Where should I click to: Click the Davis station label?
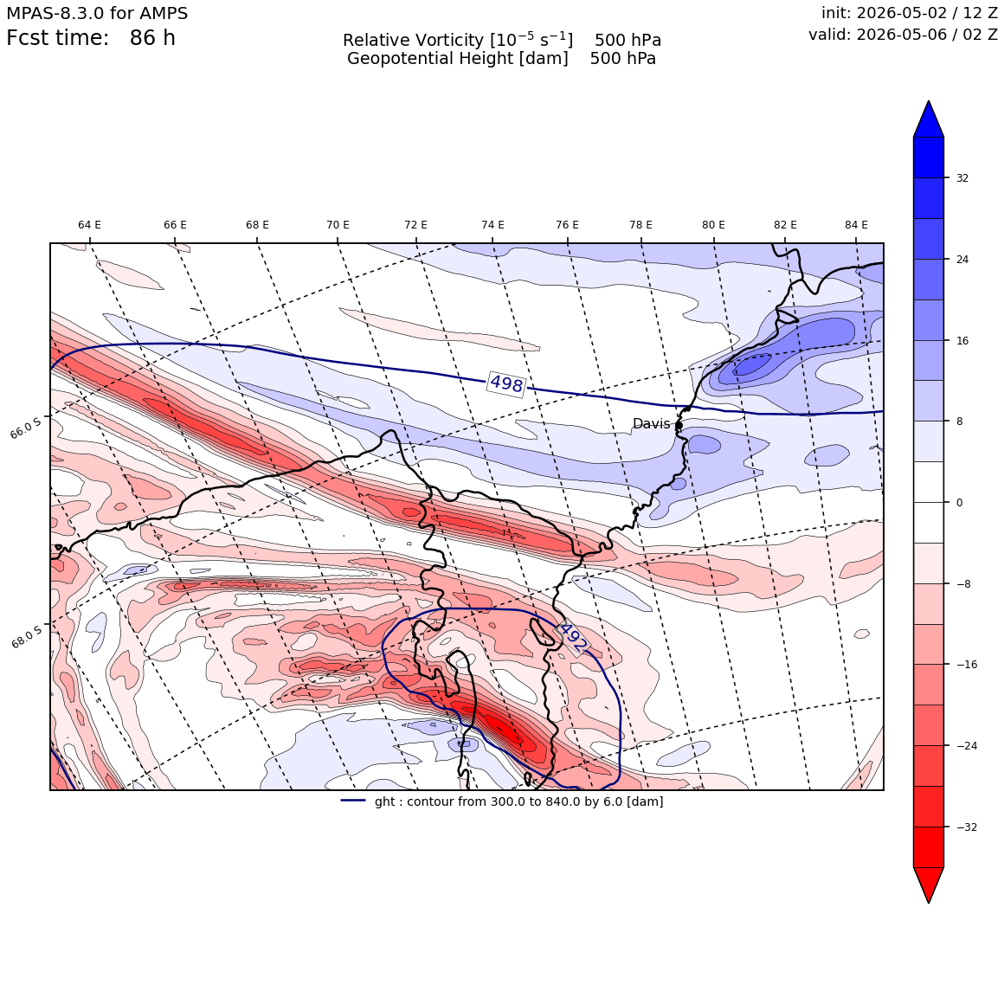pyautogui.click(x=651, y=424)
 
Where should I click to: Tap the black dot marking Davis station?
pyautogui.click(x=679, y=425)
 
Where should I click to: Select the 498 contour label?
pyautogui.click(x=506, y=383)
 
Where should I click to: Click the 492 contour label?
pyautogui.click(x=572, y=638)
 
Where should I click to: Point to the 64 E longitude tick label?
pyautogui.click(x=90, y=225)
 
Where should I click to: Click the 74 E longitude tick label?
pyautogui.click(x=492, y=225)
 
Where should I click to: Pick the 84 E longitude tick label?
pyautogui.click(x=856, y=225)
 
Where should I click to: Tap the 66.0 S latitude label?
pyautogui.click(x=26, y=427)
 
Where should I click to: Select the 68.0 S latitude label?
pyautogui.click(x=26, y=637)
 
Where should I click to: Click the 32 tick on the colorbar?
pyautogui.click(x=962, y=178)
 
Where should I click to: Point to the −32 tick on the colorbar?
pyautogui.click(x=967, y=827)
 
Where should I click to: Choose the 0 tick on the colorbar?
pyautogui.click(x=959, y=503)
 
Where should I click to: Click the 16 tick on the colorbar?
pyautogui.click(x=962, y=341)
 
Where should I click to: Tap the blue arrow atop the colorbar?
pyautogui.click(x=929, y=119)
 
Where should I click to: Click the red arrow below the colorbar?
pyautogui.click(x=929, y=885)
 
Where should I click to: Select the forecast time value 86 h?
pyautogui.click(x=152, y=38)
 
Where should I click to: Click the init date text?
pyautogui.click(x=910, y=13)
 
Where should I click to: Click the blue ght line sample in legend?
pyautogui.click(x=353, y=801)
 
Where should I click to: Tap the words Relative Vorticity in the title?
pyautogui.click(x=413, y=40)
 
